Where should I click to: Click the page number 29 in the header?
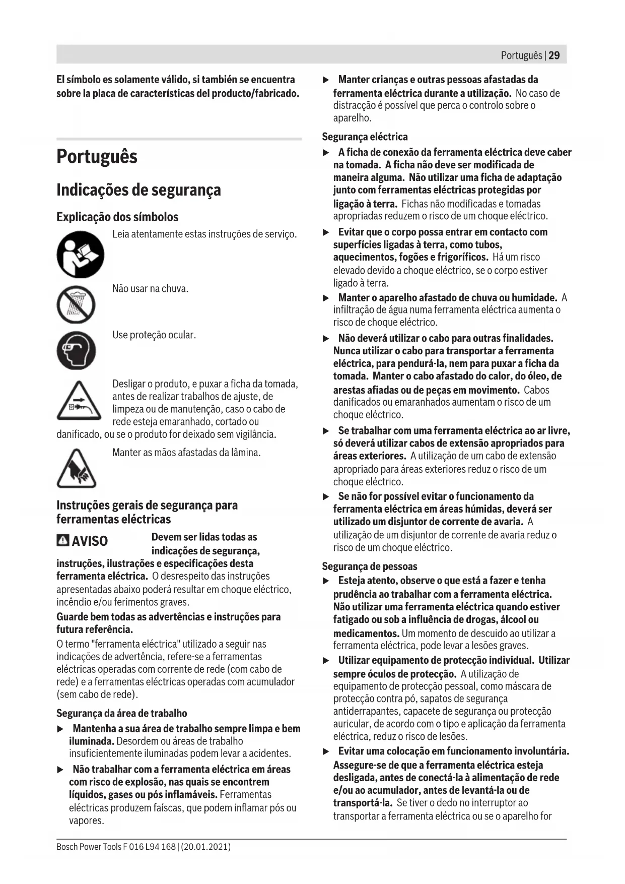(554, 55)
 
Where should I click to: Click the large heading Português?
(97, 156)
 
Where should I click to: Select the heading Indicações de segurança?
(138, 190)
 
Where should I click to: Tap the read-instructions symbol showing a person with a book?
(80, 255)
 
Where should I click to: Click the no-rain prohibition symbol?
(76, 304)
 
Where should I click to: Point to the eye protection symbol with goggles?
(76, 350)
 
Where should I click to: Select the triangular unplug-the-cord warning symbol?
(76, 401)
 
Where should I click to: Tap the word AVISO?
(90, 541)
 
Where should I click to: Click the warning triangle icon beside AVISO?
(63, 540)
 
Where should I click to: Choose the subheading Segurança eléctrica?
(365, 137)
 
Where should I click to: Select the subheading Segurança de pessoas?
(369, 566)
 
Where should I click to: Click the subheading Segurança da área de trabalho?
(121, 713)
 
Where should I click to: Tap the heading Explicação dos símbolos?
(117, 217)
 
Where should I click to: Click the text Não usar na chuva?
(150, 289)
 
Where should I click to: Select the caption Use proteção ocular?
(154, 335)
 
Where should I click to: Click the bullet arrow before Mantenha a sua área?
(60, 729)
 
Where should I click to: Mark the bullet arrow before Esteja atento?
(326, 581)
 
